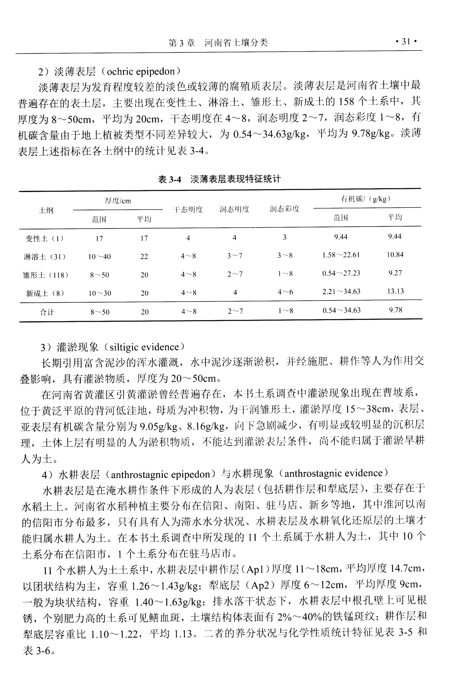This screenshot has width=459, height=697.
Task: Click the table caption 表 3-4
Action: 169,179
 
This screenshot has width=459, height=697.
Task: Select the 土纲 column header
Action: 46,211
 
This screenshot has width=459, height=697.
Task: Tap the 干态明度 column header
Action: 188,210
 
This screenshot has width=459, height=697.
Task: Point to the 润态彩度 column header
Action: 284,209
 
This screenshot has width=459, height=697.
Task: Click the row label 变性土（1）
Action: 45,238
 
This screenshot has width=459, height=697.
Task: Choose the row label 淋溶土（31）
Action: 45,257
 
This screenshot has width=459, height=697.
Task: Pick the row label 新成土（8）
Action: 45,293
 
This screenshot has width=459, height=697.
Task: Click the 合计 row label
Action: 47,312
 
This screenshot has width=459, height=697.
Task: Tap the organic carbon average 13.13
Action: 395,291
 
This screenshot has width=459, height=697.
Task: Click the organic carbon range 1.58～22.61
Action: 341,255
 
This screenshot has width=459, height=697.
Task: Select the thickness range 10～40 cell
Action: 99,257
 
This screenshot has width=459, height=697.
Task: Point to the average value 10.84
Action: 395,255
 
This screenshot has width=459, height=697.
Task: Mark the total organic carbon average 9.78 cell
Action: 395,310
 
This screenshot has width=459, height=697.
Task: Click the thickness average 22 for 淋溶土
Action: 144,257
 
